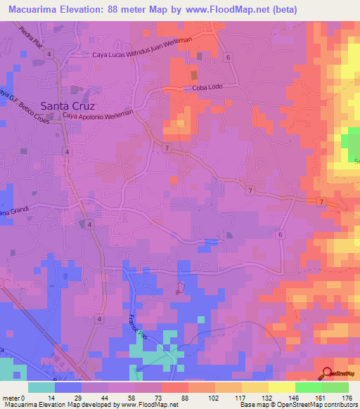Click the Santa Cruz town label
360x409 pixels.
click(67, 105)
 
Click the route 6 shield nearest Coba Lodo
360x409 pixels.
click(229, 56)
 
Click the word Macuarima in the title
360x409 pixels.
click(35, 9)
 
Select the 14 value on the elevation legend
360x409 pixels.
click(59, 397)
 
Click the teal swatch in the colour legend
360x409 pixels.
click(41, 387)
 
